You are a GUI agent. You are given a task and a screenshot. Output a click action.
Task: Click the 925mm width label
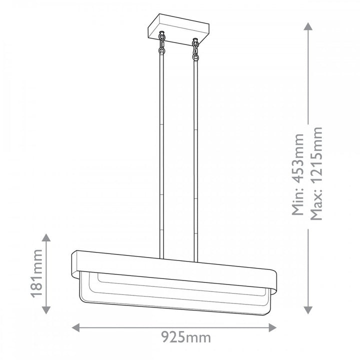click(x=185, y=337)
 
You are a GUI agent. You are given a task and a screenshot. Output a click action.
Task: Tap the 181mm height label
click(x=37, y=273)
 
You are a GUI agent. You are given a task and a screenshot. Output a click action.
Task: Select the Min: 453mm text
click(x=298, y=174)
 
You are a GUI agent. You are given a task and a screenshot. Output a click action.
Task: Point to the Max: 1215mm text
click(x=316, y=173)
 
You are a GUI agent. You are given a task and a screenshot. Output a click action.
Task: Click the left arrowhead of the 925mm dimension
click(x=76, y=327)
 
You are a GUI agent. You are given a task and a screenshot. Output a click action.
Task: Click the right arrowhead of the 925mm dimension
click(x=272, y=327)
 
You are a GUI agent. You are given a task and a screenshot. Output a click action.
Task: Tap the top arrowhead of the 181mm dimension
click(x=46, y=237)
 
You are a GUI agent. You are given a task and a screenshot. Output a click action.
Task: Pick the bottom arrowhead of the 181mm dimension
click(x=46, y=310)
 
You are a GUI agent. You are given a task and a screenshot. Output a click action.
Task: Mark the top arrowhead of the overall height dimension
click(x=308, y=26)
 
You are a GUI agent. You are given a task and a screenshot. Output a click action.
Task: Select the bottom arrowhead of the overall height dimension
click(x=308, y=310)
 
